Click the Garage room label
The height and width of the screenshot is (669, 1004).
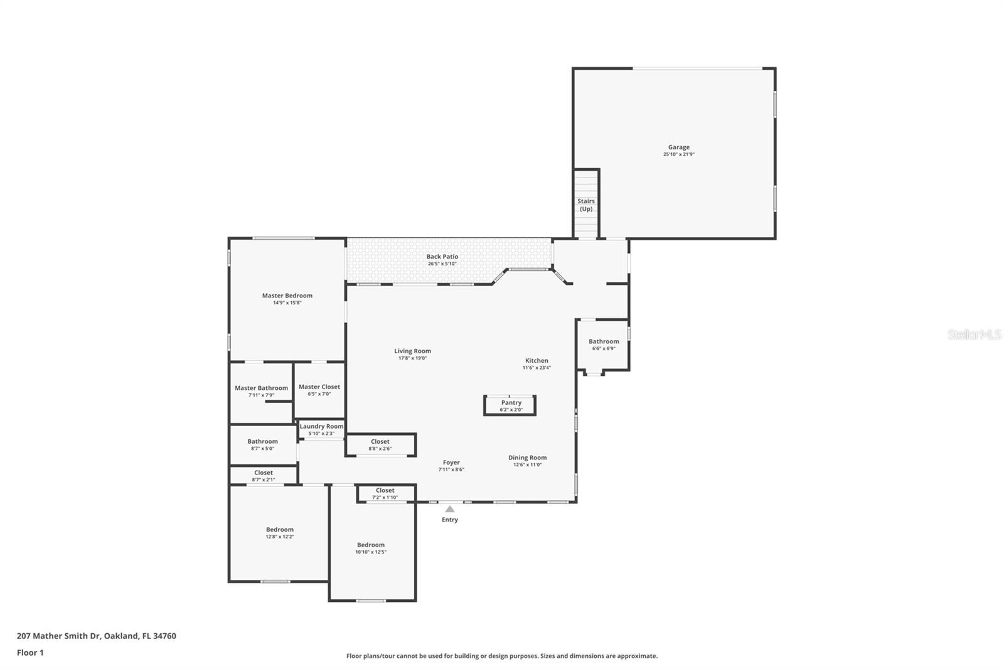point(678,147)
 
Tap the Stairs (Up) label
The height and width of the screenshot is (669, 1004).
point(586,205)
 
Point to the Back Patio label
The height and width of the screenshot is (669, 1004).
point(442,257)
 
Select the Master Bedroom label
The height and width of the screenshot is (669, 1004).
point(287,296)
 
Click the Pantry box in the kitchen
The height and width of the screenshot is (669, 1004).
point(510,405)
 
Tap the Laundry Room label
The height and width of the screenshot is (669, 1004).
point(321,426)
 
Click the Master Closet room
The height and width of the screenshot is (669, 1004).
point(319,390)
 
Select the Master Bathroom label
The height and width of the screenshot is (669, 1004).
point(261,388)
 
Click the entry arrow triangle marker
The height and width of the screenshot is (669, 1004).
point(449,509)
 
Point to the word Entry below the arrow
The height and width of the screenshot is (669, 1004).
point(449,520)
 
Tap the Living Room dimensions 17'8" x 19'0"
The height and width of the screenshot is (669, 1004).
point(412,358)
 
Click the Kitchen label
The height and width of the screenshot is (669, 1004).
point(537,360)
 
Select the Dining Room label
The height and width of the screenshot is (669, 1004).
point(527,458)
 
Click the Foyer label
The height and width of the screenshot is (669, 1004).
point(451,463)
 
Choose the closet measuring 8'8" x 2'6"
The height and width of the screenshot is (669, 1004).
point(380,445)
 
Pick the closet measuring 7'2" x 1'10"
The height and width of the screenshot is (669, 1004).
point(386,493)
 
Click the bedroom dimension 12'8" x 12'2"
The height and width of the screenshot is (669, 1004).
point(280,537)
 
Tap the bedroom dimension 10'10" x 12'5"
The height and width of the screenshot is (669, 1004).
point(371,552)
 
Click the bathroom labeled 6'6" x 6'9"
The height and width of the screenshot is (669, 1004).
point(603,345)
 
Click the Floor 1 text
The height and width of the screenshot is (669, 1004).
point(31,653)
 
